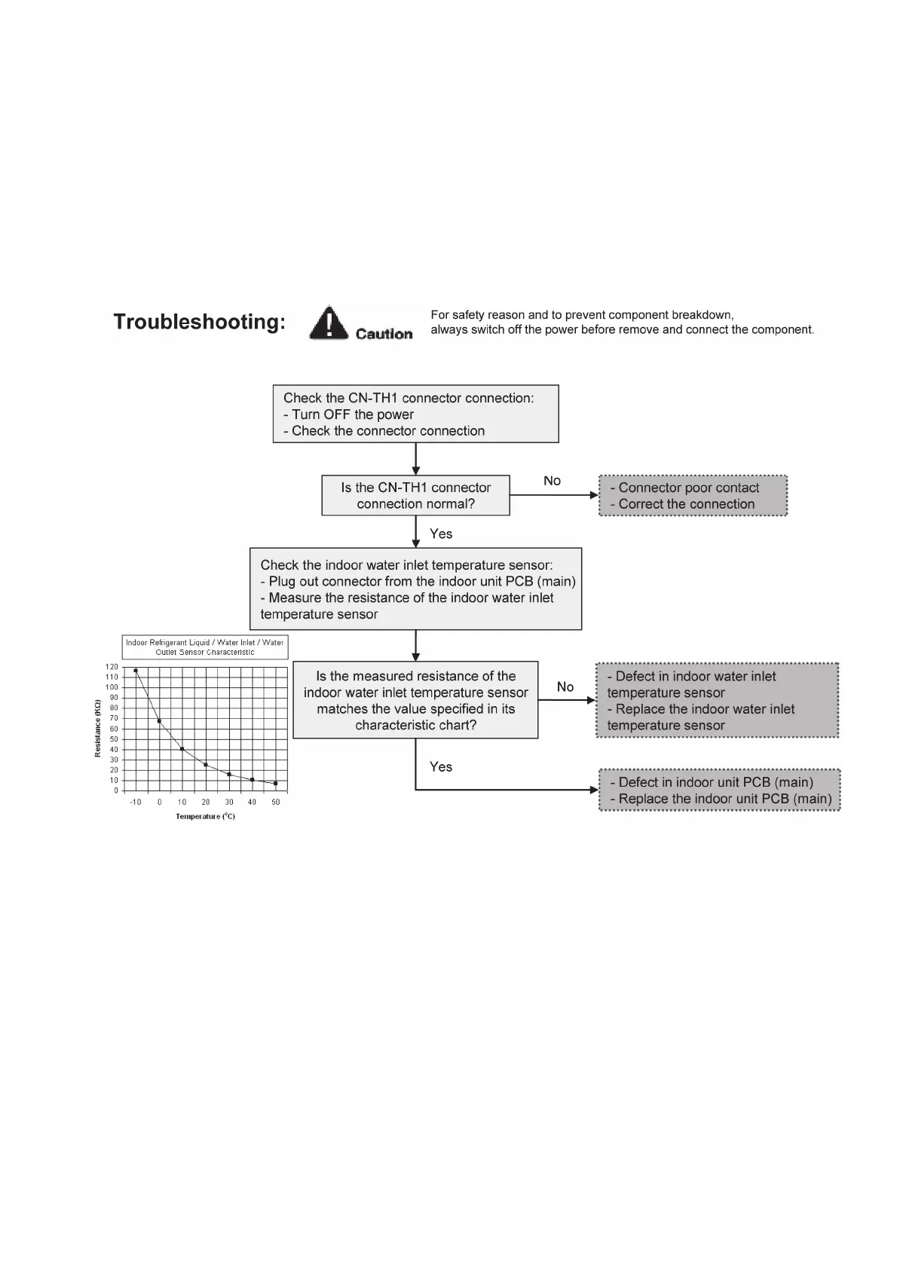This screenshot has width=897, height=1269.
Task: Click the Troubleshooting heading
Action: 199,322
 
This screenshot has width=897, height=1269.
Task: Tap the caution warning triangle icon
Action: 328,322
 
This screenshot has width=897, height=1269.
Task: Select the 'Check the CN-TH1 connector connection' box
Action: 415,414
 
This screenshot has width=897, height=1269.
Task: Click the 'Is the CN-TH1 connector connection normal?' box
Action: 415,495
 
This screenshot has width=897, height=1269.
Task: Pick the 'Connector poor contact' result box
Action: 693,495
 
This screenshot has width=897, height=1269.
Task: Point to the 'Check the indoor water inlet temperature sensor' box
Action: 415,589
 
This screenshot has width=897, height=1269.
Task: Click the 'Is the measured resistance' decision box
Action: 415,700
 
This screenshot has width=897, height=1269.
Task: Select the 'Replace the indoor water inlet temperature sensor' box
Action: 717,700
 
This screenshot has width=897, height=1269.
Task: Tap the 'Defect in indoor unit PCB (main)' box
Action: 719,790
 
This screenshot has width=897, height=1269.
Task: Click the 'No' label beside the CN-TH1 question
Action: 552,481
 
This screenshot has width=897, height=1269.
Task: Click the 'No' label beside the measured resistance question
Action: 565,686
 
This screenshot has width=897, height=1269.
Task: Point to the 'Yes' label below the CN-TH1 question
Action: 441,534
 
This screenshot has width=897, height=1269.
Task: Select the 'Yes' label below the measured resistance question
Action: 441,766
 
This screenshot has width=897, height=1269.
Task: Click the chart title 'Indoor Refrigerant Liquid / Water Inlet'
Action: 205,647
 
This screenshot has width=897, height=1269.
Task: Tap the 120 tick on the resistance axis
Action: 112,667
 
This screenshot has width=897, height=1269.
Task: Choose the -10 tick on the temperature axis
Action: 136,802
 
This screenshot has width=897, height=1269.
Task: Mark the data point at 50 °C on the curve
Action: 276,783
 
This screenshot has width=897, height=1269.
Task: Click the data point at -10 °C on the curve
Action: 136,670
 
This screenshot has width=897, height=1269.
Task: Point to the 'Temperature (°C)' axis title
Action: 205,816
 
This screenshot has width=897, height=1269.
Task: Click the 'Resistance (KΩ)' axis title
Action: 98,728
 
